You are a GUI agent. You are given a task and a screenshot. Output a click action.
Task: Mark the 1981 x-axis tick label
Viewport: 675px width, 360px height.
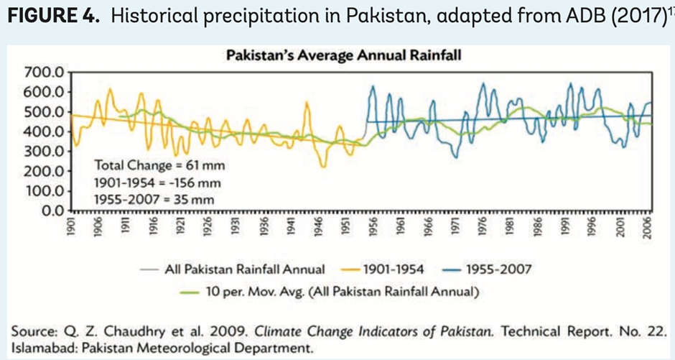pyautogui.click(x=508, y=228)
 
